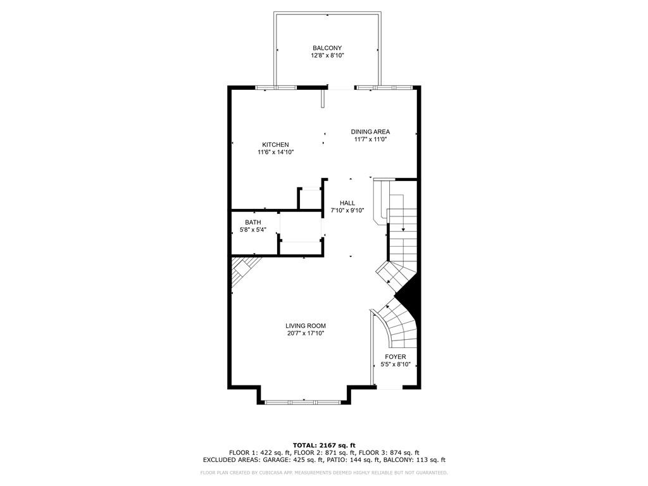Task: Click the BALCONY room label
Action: [x=327, y=48]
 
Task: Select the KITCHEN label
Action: [x=275, y=145]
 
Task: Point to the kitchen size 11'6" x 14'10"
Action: [x=275, y=152]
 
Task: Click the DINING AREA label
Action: [x=370, y=132]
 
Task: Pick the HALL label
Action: [x=347, y=203]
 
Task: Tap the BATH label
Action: [x=253, y=222]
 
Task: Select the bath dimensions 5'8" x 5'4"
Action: [x=253, y=229]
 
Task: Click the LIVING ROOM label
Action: [x=306, y=326]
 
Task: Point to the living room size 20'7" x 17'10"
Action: [x=306, y=333]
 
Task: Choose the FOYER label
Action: [x=396, y=357]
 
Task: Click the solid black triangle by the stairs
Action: [x=409, y=295]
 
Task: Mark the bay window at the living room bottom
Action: [x=303, y=401]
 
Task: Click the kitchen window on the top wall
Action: [x=276, y=87]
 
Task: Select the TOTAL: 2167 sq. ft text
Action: [x=324, y=445]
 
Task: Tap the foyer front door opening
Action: [x=390, y=388]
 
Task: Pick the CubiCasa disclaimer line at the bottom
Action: [x=324, y=472]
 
